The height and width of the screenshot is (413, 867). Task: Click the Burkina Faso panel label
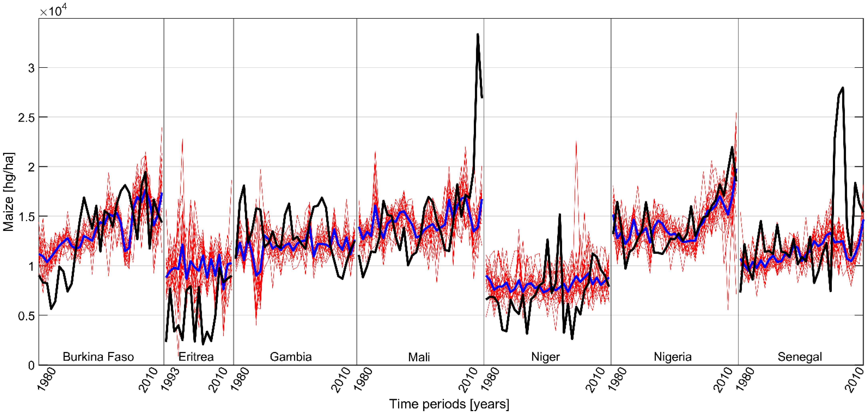tap(98, 356)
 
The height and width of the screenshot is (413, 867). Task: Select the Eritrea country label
tap(196, 356)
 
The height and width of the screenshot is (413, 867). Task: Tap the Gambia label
tap(291, 356)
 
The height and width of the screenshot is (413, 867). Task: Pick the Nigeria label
tap(673, 356)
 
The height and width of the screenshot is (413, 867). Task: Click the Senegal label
tap(800, 356)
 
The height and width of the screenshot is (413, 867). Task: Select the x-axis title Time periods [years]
tap(449, 404)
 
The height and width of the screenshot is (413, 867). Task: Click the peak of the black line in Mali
tap(478, 34)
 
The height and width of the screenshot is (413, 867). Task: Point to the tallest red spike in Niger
tap(576, 141)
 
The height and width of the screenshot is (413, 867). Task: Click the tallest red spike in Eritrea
tap(182, 139)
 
